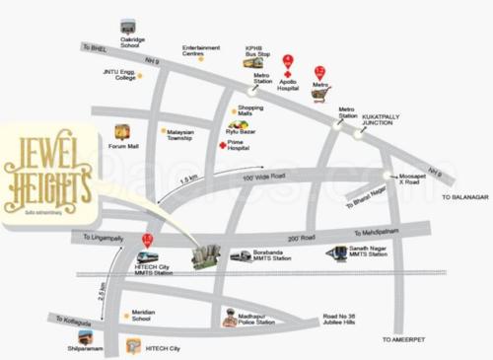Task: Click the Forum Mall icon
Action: (121, 131)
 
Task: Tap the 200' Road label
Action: (303, 238)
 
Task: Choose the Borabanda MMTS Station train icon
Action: (242, 255)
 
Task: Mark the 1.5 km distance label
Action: (188, 183)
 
